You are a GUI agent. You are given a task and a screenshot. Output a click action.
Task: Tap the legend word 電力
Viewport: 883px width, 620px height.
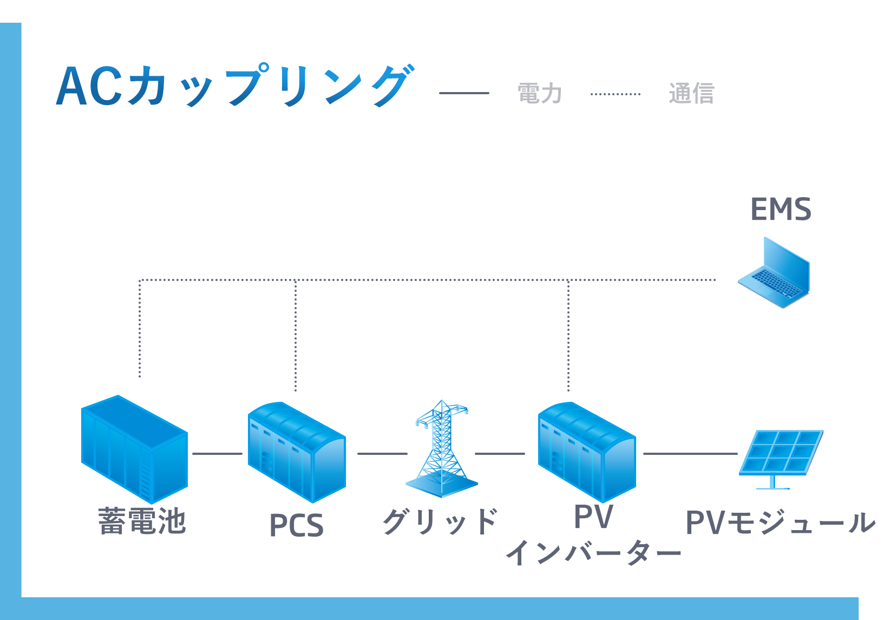tap(540, 94)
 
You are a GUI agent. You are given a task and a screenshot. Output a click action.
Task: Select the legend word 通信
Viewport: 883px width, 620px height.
tap(691, 94)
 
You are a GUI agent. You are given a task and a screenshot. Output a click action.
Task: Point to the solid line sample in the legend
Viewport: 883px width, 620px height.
tap(464, 93)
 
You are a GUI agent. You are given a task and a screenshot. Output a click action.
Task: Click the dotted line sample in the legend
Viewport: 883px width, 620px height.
tap(616, 94)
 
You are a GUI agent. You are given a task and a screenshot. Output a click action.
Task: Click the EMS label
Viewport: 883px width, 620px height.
tap(781, 210)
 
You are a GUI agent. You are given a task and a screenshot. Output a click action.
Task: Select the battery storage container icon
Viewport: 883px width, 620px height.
tap(134, 449)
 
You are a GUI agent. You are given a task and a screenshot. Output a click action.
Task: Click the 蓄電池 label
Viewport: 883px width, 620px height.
tap(142, 521)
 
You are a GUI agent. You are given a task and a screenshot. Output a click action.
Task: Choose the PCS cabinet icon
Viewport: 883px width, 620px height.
tap(296, 452)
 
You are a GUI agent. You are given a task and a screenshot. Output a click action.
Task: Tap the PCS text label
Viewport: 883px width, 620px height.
tap(296, 526)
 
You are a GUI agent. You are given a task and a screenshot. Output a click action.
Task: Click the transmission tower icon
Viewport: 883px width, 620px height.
tap(442, 449)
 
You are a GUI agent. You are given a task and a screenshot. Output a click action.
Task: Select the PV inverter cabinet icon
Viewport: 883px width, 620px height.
tap(586, 452)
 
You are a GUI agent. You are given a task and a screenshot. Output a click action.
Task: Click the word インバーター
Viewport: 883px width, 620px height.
tap(593, 553)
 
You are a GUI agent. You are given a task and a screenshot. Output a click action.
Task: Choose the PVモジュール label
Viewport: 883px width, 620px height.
tap(780, 523)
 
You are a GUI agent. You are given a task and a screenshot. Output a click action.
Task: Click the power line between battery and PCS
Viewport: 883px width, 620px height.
tap(217, 454)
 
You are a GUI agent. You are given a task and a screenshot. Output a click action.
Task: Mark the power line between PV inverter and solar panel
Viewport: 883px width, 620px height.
tap(690, 454)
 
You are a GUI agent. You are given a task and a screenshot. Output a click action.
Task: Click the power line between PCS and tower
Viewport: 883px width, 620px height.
tap(382, 454)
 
